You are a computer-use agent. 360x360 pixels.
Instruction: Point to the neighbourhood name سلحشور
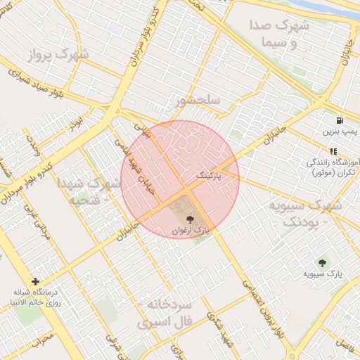(198, 101)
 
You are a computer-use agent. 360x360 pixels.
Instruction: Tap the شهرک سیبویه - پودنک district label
(304, 214)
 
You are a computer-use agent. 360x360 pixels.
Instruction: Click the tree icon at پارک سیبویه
(323, 262)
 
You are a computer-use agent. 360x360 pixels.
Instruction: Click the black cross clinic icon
(35, 281)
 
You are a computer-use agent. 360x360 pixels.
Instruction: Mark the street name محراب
(44, 340)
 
